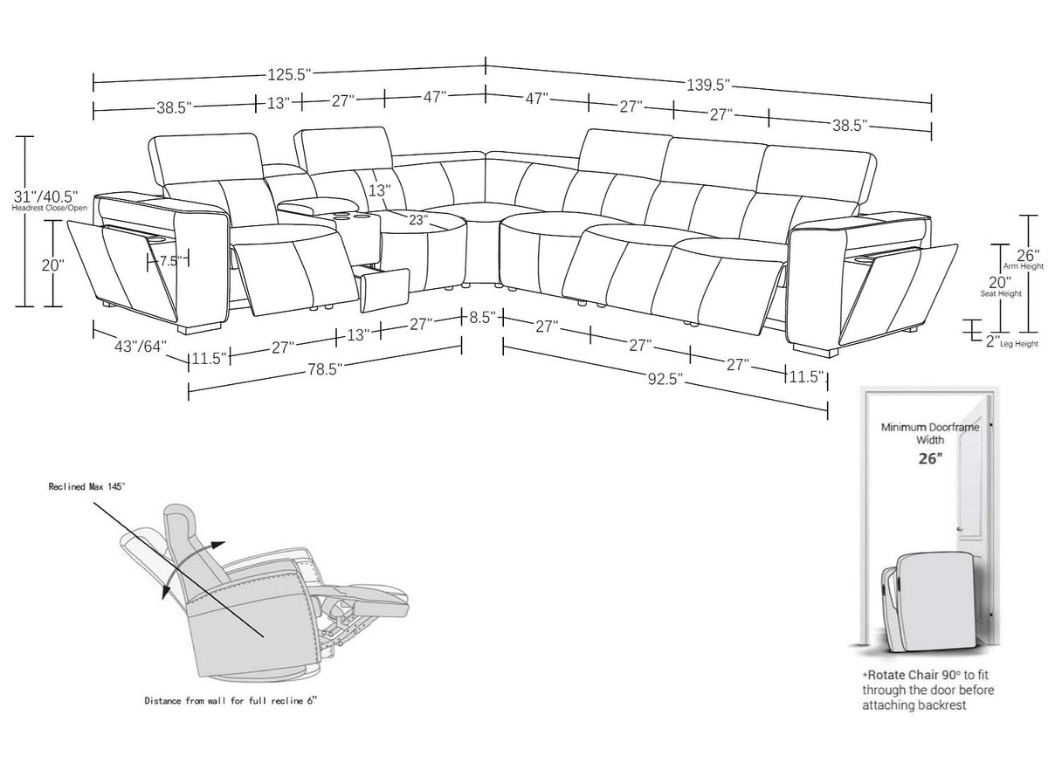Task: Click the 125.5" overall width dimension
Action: [289, 74]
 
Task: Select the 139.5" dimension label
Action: [708, 86]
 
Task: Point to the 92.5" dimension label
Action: [665, 379]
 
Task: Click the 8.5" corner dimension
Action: [483, 317]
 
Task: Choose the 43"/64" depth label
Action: [141, 347]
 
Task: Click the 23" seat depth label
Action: [417, 219]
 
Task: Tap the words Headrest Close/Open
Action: [50, 208]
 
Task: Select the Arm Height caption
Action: [1024, 266]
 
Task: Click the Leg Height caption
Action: [1019, 344]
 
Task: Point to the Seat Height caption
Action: [1001, 294]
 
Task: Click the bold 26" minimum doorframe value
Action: [930, 458]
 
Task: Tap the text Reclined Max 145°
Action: [87, 487]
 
